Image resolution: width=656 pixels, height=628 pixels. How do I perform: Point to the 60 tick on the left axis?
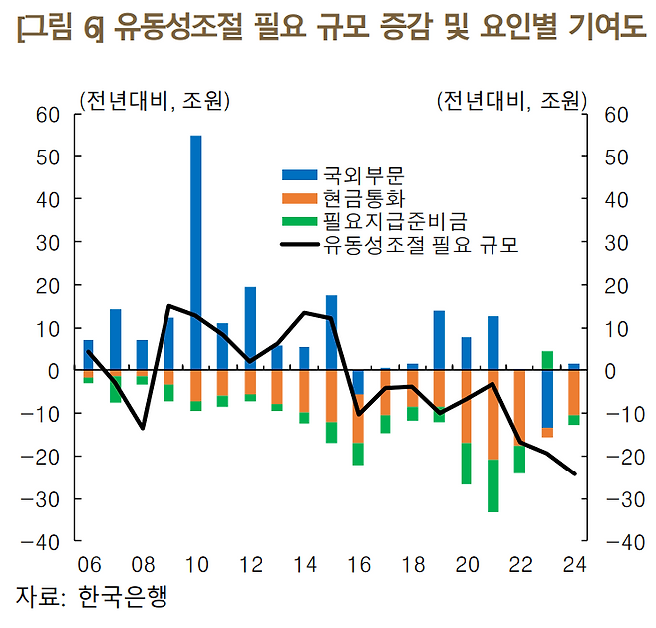pyautogui.click(x=49, y=115)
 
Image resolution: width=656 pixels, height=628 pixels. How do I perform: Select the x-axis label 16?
pyautogui.click(x=359, y=565)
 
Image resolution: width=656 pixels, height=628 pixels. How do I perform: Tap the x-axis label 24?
pyautogui.click(x=574, y=565)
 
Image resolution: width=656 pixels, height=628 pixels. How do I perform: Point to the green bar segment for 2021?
pyautogui.click(x=493, y=485)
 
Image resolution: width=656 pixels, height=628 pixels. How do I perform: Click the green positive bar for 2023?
pyautogui.click(x=547, y=360)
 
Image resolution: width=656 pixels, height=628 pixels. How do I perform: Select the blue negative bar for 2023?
pyautogui.click(x=547, y=399)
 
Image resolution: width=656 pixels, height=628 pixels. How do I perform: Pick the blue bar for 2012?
pyautogui.click(x=250, y=328)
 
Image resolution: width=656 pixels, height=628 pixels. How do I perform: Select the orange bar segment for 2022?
pyautogui.click(x=520, y=409)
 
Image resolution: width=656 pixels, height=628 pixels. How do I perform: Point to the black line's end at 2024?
pyautogui.click(x=574, y=473)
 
